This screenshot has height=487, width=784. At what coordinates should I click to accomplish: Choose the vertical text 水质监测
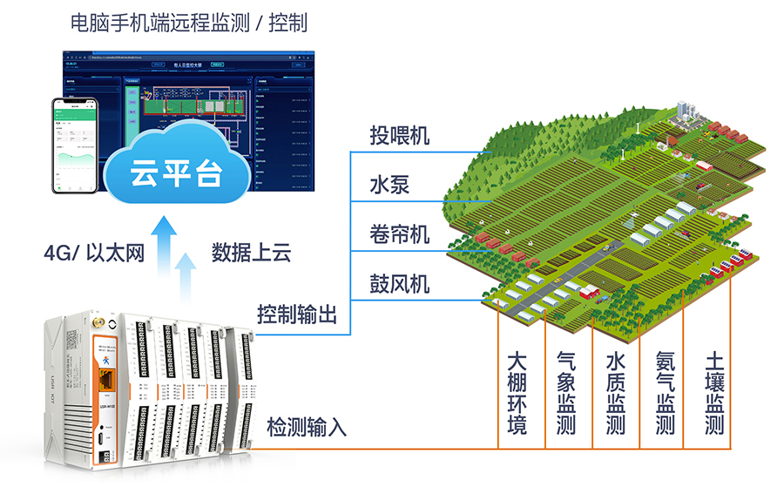click(616, 393)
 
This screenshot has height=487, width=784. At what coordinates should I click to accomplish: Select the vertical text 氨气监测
click(666, 393)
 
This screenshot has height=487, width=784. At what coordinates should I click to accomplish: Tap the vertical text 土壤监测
click(714, 393)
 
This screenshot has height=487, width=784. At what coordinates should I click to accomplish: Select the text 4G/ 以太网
click(93, 253)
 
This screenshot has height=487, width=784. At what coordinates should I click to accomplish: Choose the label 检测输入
click(307, 427)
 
